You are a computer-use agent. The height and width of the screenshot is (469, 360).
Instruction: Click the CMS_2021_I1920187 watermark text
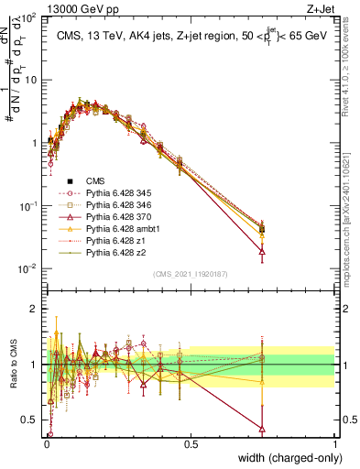(x=190, y=274)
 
